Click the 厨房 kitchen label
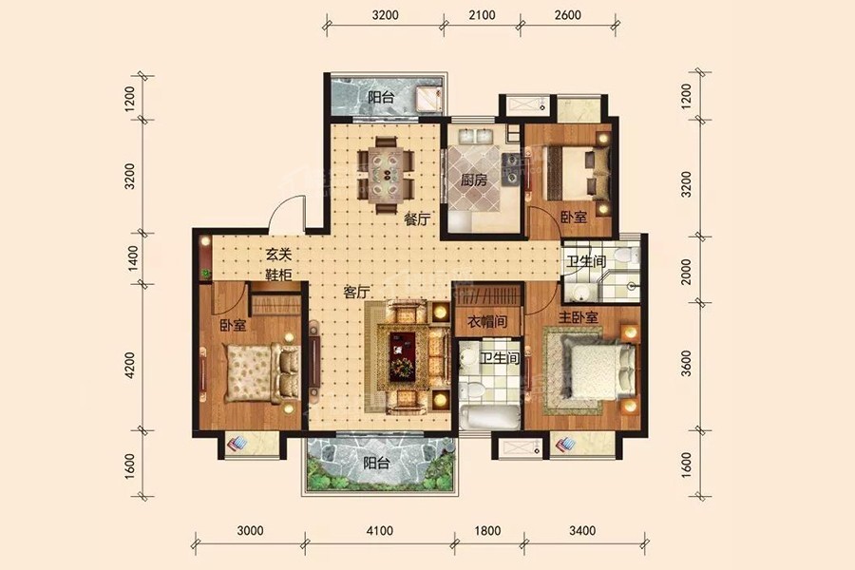(x=473, y=180)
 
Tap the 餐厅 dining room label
(x=417, y=219)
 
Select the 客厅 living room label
(x=356, y=293)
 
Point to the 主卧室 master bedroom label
(x=578, y=317)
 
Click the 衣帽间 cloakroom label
(x=488, y=322)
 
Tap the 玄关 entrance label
(x=278, y=255)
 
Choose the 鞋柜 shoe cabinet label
(x=278, y=275)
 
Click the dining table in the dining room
(x=386, y=175)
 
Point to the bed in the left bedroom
(x=263, y=373)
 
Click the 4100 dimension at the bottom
(x=379, y=531)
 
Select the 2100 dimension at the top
(x=482, y=15)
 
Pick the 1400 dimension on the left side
(x=132, y=258)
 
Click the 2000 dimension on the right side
(x=686, y=271)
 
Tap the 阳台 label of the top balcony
(x=381, y=98)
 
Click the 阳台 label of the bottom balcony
(x=377, y=464)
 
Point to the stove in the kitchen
(x=511, y=159)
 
